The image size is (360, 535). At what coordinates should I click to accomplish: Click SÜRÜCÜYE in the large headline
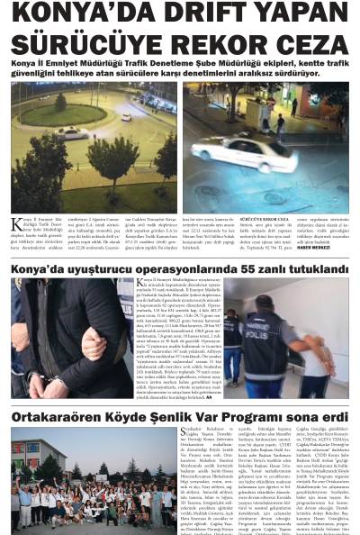[x=99, y=43]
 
